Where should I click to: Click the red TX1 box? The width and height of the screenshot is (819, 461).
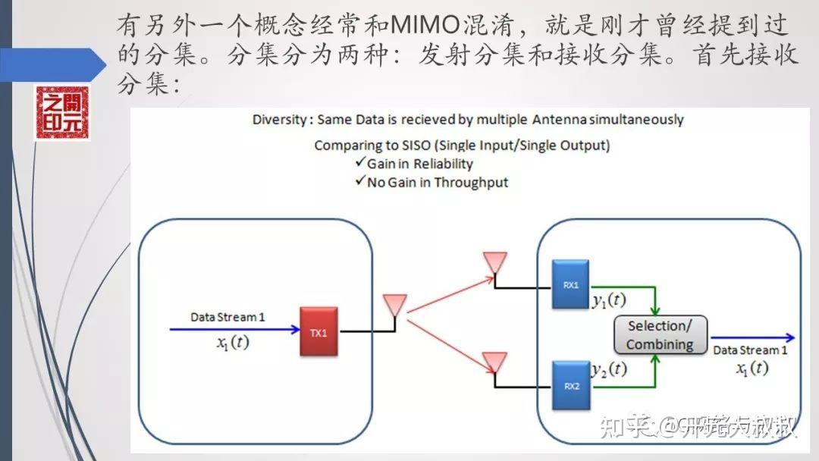[x=318, y=331]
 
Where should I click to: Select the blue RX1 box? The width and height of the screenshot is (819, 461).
[x=570, y=284]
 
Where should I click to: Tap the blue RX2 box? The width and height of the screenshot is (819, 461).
[x=570, y=385]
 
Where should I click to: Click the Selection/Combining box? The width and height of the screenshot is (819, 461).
[x=660, y=335]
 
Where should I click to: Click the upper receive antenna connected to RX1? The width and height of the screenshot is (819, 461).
[x=494, y=263]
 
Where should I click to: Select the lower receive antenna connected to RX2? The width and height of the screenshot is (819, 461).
[x=494, y=362]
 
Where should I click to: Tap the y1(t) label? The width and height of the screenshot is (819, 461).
[x=609, y=299]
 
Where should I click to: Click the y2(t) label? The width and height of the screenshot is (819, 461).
[x=609, y=369]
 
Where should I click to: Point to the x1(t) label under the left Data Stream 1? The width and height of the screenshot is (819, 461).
[x=232, y=342]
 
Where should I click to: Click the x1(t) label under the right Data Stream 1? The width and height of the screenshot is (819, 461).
[x=752, y=368]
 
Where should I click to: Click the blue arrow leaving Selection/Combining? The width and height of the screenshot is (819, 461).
[x=751, y=337]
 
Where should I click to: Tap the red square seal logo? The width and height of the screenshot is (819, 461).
[x=62, y=113]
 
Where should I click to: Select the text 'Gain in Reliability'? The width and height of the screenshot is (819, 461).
[x=419, y=164]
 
